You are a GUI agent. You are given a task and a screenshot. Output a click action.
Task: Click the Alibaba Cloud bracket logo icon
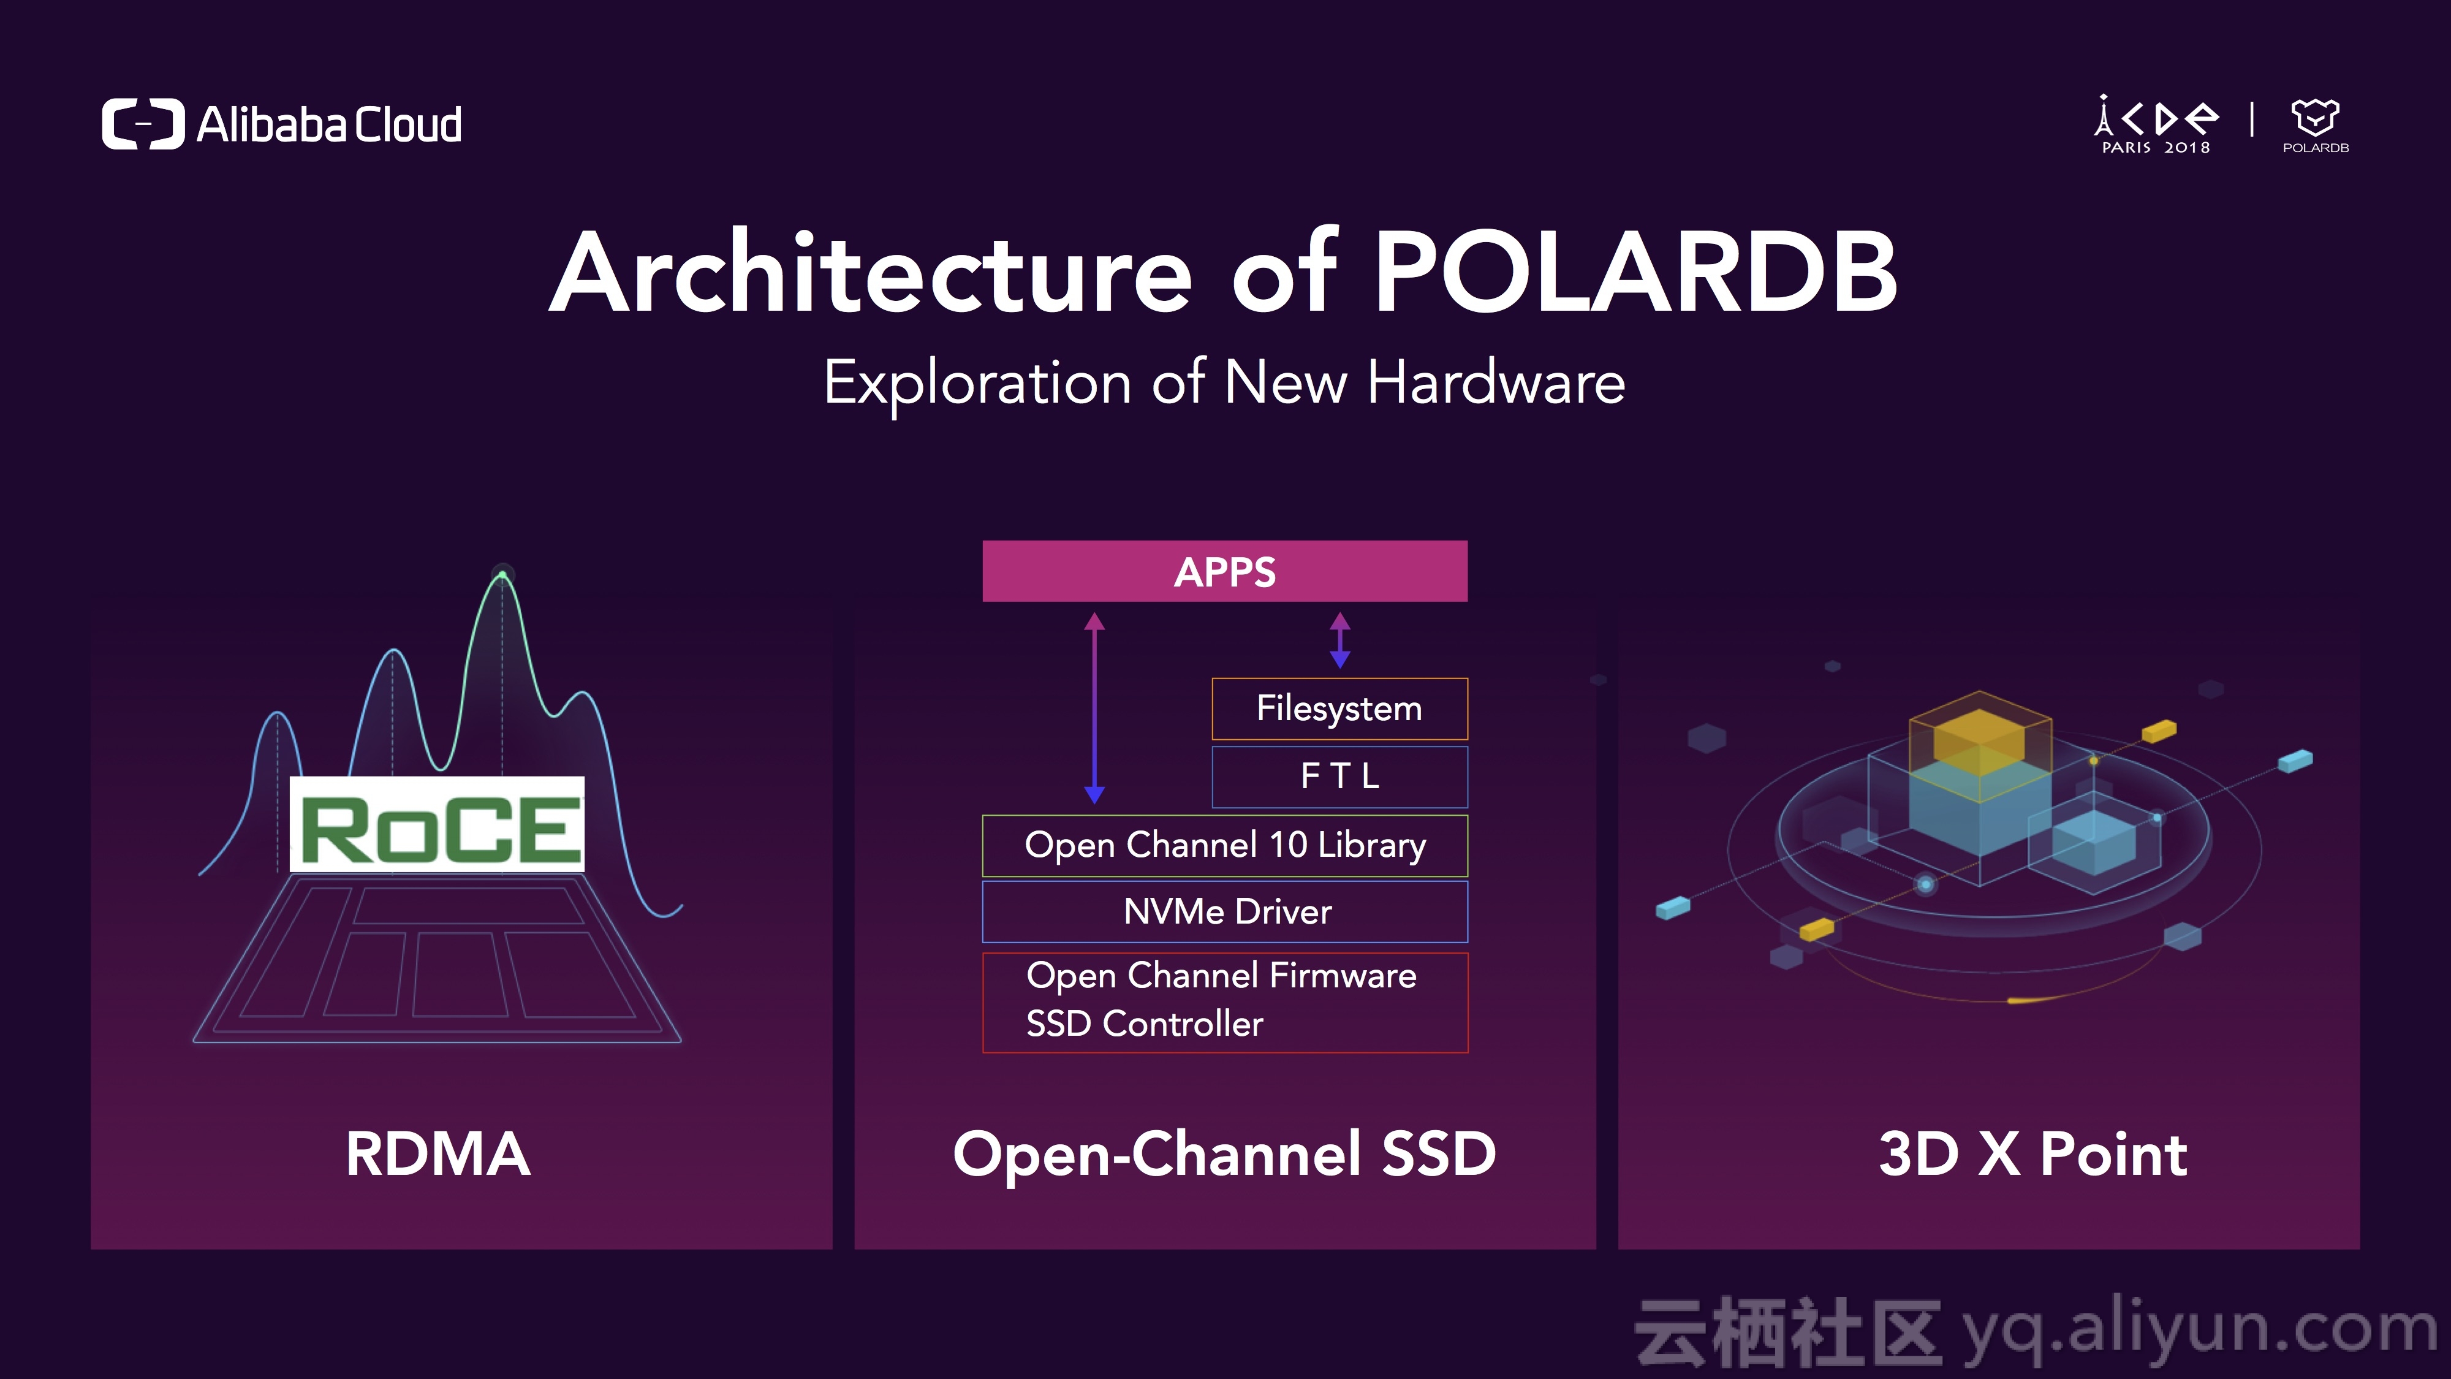click(143, 124)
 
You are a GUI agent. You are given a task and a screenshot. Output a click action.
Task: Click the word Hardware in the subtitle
click(1496, 382)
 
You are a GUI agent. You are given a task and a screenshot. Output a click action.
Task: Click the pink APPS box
click(1224, 571)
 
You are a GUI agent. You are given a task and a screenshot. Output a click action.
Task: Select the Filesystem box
click(1339, 709)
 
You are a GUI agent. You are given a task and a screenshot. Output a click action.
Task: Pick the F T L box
click(1339, 777)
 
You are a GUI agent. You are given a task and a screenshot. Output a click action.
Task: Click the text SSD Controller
click(1145, 1024)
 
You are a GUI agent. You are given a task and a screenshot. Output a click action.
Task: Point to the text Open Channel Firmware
click(1222, 976)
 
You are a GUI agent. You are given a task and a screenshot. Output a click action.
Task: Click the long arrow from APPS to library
click(1094, 707)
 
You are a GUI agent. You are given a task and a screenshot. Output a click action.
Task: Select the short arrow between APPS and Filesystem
click(1339, 639)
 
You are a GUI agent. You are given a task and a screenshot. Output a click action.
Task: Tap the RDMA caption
click(438, 1155)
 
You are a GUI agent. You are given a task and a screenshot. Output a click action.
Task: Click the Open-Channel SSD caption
click(1224, 1155)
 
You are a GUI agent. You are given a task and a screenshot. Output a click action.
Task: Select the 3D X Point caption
click(2032, 1155)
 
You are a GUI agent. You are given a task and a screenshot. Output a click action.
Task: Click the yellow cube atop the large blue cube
click(1981, 742)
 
